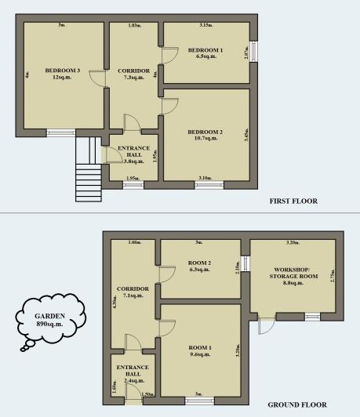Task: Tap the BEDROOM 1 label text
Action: (205, 50)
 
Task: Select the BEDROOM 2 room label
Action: (205, 131)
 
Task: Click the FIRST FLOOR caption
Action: (293, 201)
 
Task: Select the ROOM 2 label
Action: (200, 263)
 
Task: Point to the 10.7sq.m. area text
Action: (205, 139)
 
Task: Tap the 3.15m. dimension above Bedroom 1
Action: (205, 25)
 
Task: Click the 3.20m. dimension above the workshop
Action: (294, 242)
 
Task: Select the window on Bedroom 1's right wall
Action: (253, 52)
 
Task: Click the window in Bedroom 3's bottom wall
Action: (60, 133)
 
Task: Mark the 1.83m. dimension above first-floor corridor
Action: (133, 25)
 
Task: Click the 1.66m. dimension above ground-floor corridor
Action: (134, 242)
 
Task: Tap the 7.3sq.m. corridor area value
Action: (133, 78)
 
